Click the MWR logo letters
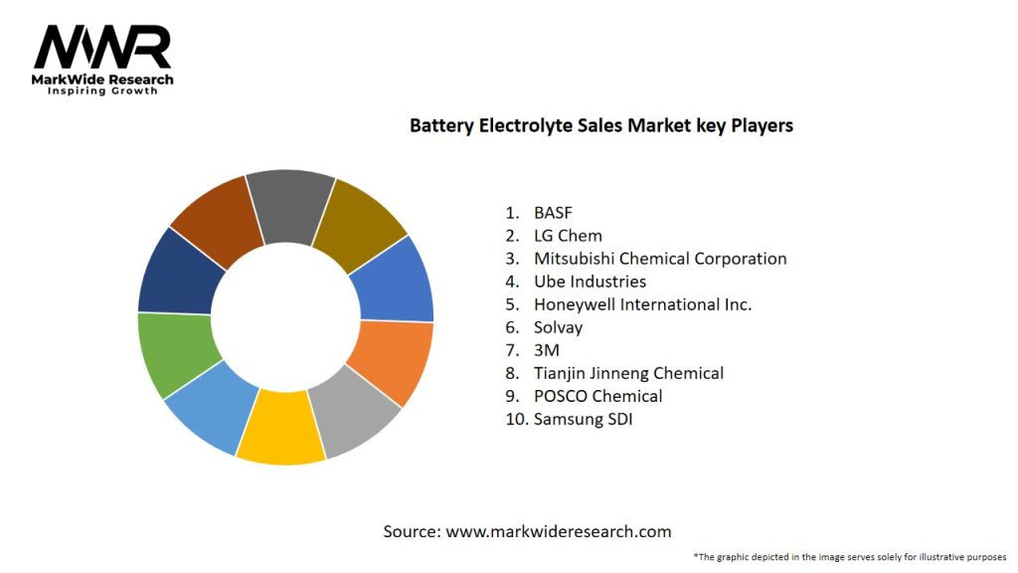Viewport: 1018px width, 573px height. (102, 47)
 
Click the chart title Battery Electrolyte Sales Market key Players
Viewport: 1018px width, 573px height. (601, 126)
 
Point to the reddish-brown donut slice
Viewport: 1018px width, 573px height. (217, 220)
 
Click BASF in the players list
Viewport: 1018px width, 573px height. (553, 212)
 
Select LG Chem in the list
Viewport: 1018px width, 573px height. (568, 236)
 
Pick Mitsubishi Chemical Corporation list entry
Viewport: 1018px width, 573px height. (659, 259)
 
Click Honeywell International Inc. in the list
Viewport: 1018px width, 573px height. (642, 304)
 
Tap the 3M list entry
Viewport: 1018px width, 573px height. (546, 350)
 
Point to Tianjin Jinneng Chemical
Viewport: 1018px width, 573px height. (628, 373)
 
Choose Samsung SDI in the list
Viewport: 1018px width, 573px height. (583, 419)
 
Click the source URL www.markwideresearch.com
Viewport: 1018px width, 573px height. (558, 531)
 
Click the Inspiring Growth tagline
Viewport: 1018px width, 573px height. (102, 92)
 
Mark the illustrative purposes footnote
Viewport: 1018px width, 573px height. (850, 557)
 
